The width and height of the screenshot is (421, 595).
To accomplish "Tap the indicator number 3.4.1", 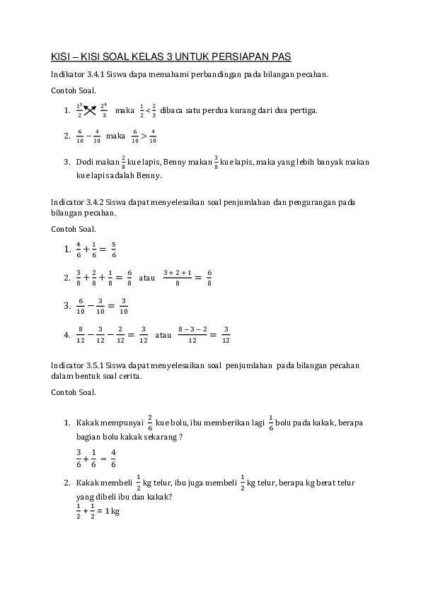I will pyautogui.click(x=95, y=74).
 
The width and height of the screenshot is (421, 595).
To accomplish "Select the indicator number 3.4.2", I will pyautogui.click(x=95, y=202).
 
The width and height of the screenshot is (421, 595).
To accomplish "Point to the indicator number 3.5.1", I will pyautogui.click(x=95, y=365).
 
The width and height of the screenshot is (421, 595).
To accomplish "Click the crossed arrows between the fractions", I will pyautogui.click(x=91, y=110).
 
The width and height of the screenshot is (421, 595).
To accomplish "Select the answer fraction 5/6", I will pyautogui.click(x=114, y=250).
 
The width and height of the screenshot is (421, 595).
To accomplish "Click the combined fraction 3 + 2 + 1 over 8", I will pyautogui.click(x=178, y=278).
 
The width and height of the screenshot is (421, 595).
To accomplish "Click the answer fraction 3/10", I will pyautogui.click(x=123, y=306).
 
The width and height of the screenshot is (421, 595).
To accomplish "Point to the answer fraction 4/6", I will pyautogui.click(x=113, y=457).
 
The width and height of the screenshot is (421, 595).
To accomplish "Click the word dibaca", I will pyautogui.click(x=173, y=110).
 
